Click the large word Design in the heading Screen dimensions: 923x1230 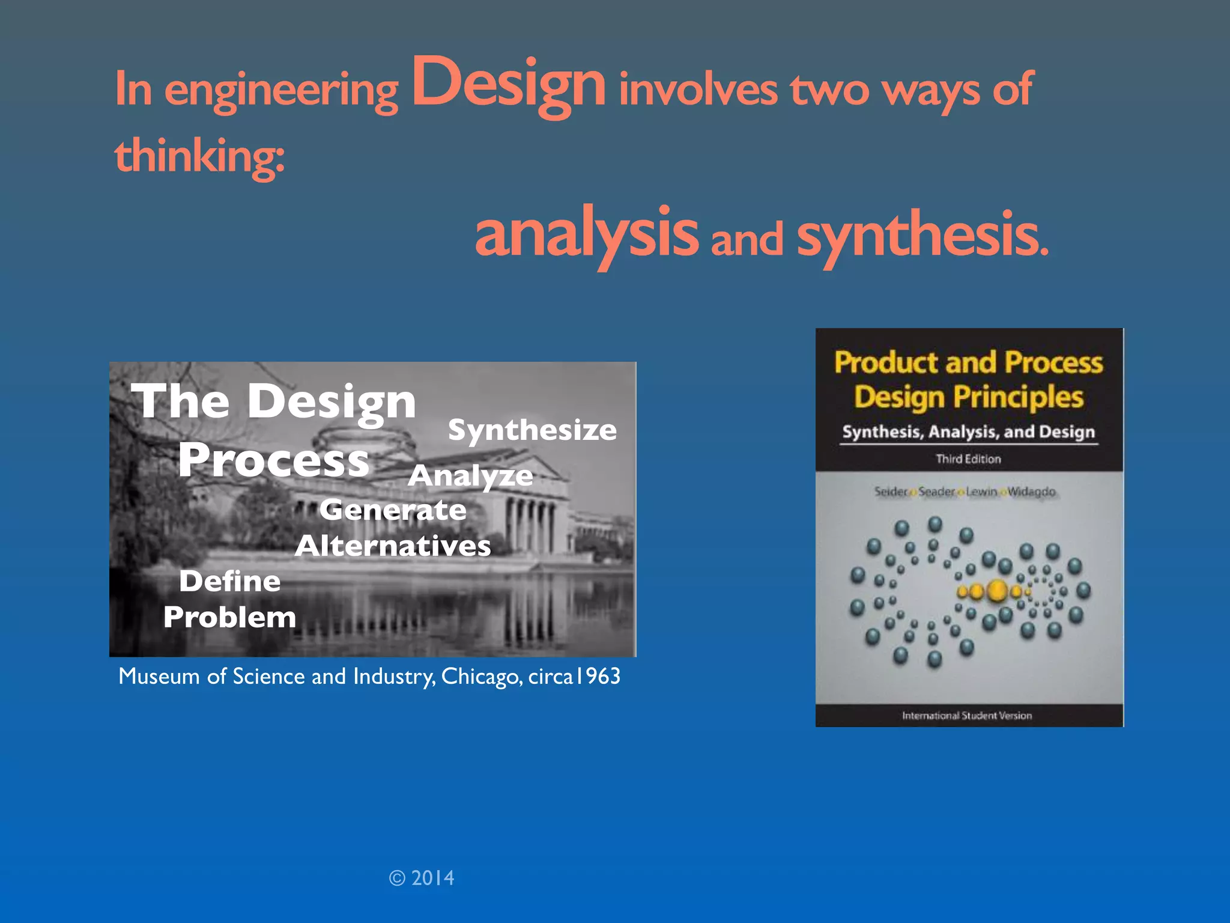pos(508,84)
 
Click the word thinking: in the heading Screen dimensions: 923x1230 pos(199,155)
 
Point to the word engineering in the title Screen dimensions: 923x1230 pos(281,90)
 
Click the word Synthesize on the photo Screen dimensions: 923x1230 pos(532,430)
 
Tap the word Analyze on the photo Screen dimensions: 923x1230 pos(470,476)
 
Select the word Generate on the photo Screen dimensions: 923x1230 pos(393,510)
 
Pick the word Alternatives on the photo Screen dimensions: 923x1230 pos(393,546)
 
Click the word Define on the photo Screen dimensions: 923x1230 pos(230,581)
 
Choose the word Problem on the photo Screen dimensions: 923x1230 pos(230,617)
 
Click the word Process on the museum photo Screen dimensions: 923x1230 pos(273,460)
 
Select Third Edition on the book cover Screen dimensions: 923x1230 pos(968,459)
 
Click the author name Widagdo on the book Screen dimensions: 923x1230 pos(1031,492)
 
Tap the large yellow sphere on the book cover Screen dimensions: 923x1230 pos(997,591)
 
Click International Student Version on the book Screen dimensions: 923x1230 pos(967,715)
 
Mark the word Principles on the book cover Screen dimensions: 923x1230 pos(1019,397)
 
